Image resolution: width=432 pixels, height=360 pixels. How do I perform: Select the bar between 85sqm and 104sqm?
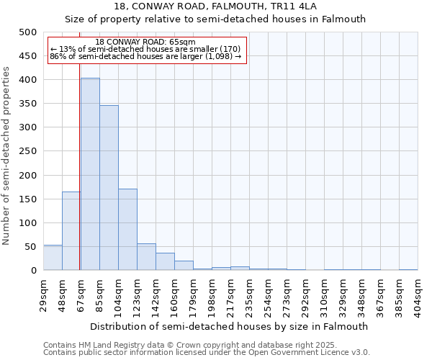point(109,188)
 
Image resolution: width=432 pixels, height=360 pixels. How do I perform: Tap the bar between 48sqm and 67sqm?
point(71,231)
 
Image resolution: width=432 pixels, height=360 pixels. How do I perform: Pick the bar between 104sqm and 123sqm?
point(127,230)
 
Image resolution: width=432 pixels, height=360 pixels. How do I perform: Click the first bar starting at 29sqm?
point(53,258)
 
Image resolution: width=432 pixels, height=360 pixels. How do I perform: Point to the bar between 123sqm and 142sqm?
point(146,257)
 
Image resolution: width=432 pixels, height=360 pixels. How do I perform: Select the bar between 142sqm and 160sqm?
point(165,262)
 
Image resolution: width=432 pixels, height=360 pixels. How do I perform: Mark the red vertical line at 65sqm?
point(79,180)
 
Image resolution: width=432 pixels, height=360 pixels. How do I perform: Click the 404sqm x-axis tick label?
point(418,294)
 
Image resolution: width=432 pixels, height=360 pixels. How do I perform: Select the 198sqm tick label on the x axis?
point(212,294)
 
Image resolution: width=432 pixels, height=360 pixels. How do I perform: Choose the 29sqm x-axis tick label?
point(43,292)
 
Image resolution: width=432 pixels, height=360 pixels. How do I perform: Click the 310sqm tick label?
point(324,294)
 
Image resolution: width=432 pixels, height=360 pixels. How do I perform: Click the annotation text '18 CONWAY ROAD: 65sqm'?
point(145,42)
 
